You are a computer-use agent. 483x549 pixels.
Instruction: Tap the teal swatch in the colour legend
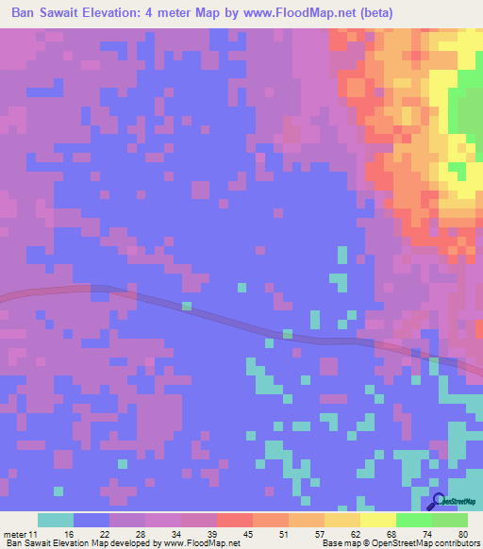(x=56, y=521)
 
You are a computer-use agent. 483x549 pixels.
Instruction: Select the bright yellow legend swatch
(x=377, y=521)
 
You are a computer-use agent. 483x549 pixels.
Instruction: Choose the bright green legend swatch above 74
(x=414, y=521)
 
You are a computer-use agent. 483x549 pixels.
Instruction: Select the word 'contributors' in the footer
(x=455, y=542)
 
